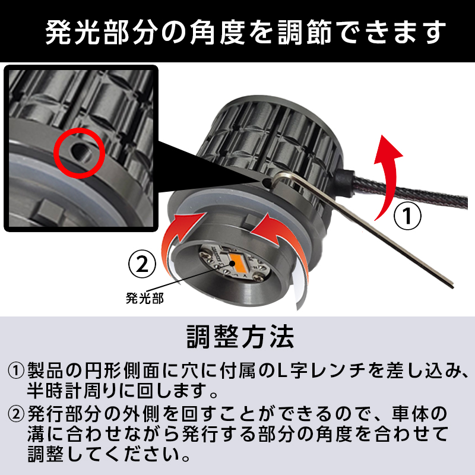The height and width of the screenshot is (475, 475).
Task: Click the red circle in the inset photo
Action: pos(80,127)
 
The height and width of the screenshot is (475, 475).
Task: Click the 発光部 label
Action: pos(144,299)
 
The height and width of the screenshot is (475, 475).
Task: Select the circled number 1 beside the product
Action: pos(407,216)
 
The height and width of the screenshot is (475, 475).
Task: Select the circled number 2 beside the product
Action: pos(142,264)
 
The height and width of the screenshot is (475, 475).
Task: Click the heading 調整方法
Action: pos(240,337)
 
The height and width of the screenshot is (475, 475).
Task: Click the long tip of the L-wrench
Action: pos(453,286)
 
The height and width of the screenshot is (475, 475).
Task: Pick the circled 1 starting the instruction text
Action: pos(15,370)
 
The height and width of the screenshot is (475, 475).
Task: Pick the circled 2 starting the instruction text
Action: pos(15,414)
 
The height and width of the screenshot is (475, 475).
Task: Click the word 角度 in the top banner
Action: pos(217,32)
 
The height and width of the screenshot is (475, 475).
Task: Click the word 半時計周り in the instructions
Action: pos(71,391)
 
